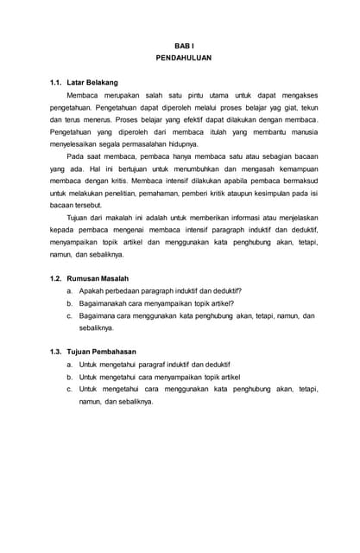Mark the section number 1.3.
[x=57, y=353]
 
